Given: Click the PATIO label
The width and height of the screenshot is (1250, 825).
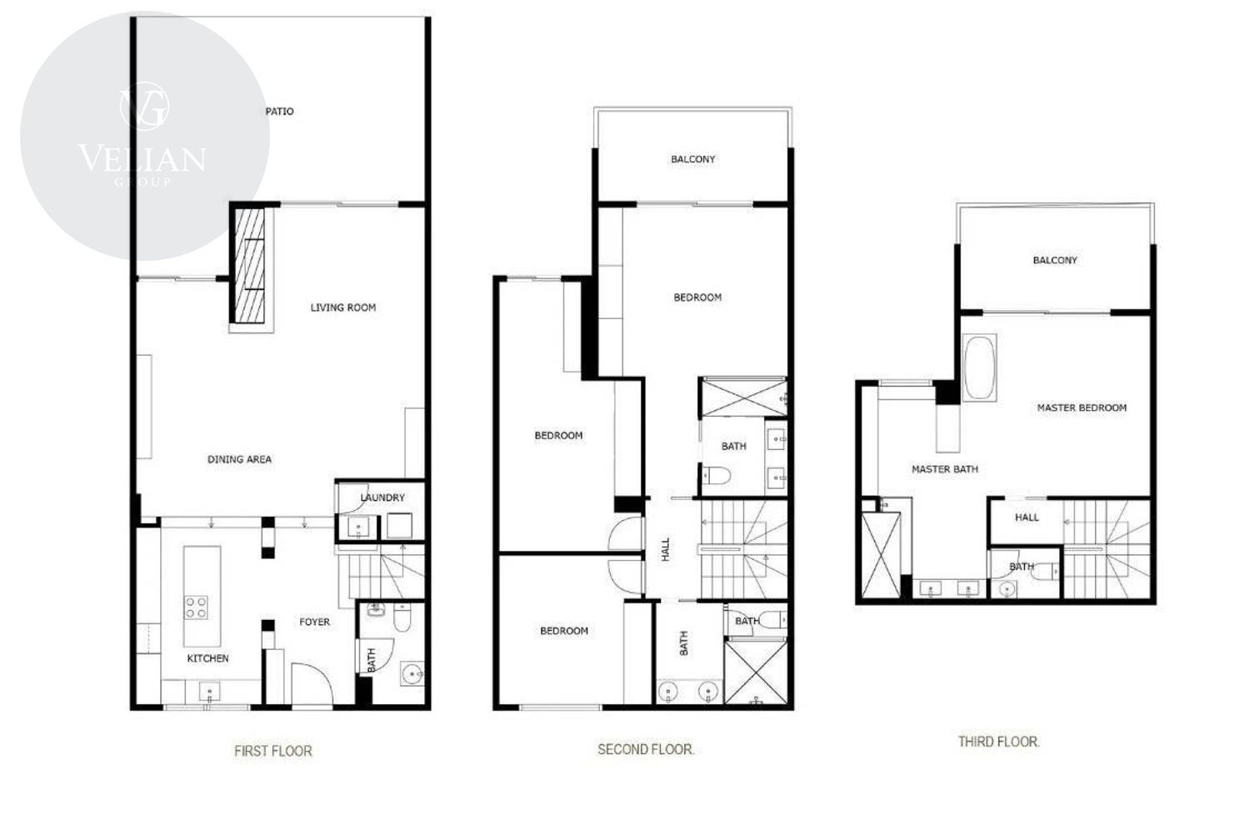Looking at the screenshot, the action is (279, 112).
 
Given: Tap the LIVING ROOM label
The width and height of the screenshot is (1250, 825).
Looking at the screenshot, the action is (343, 307).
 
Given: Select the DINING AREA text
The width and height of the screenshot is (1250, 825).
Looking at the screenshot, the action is (239, 459).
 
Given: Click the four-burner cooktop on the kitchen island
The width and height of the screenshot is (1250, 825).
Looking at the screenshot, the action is (197, 607).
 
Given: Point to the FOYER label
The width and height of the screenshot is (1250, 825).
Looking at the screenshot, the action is (314, 622).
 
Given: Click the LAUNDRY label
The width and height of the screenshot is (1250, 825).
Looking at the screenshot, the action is (382, 497).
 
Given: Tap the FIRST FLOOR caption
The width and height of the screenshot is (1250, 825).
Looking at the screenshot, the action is (272, 752).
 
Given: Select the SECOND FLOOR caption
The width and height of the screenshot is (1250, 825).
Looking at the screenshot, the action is (646, 750).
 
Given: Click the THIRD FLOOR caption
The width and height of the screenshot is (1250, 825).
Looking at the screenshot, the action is (999, 742).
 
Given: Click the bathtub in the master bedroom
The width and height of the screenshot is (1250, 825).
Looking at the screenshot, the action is (979, 367).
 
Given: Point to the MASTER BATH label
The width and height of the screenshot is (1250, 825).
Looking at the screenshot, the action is (945, 469).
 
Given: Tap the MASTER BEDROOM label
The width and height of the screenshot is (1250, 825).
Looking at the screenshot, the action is (1082, 408).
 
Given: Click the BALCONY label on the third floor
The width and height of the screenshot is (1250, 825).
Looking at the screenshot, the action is (1055, 260).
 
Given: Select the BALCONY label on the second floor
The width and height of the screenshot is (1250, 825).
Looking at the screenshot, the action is (692, 159).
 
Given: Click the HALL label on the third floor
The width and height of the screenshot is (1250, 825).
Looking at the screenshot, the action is (1027, 517).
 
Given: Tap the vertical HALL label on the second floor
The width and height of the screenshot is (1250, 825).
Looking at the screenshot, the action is (665, 549).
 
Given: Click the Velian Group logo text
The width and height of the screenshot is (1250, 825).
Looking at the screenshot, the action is (142, 158).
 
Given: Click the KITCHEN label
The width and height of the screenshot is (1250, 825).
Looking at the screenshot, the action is (207, 658).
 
